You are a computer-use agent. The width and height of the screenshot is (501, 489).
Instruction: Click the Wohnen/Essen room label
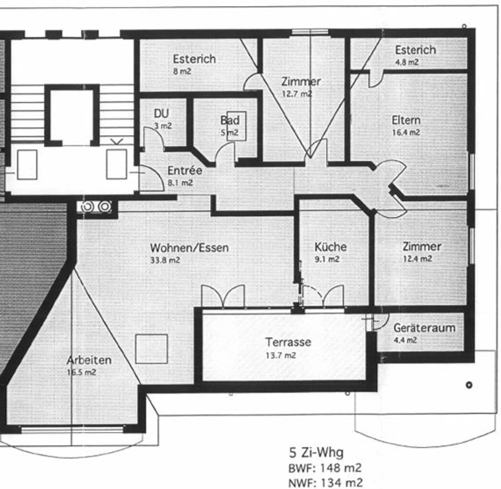click(189, 248)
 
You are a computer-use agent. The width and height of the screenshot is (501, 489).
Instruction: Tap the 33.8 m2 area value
click(165, 260)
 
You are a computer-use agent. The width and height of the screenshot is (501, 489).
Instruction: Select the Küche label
click(331, 247)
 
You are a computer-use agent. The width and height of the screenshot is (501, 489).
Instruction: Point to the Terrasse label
click(288, 342)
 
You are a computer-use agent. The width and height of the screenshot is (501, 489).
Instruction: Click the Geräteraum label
click(424, 328)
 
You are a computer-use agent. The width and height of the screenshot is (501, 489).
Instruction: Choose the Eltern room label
click(406, 120)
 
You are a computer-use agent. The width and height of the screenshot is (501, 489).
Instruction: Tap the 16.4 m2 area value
click(406, 132)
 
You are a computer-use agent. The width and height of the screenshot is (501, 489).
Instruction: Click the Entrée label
click(185, 170)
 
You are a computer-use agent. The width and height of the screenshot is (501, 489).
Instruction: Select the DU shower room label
click(161, 113)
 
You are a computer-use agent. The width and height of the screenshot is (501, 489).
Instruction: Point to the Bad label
click(230, 120)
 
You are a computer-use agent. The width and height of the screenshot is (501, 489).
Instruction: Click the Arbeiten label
click(89, 360)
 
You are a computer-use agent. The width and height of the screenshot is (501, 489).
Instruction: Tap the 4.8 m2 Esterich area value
click(407, 62)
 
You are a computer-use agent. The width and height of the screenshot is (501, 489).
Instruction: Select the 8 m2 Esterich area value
click(182, 71)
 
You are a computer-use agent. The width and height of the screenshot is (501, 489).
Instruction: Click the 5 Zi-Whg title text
click(316, 453)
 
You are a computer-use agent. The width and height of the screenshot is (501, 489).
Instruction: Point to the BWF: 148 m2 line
click(325, 468)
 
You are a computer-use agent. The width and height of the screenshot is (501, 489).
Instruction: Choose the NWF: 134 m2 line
click(325, 483)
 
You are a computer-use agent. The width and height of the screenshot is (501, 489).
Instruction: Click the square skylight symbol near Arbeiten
click(151, 349)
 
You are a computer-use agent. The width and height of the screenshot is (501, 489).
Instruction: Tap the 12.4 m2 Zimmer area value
click(417, 259)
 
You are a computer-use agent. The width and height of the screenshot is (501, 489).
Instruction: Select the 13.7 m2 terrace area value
click(280, 355)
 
